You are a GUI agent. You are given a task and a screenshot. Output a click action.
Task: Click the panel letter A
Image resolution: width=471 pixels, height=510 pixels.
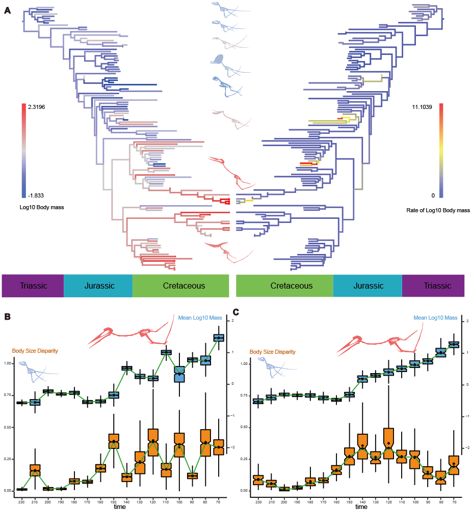point(7,11)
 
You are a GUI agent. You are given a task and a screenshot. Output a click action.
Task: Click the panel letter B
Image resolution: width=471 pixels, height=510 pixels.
point(7,316)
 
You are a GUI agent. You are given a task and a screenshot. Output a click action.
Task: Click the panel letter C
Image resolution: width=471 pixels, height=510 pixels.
point(235,311)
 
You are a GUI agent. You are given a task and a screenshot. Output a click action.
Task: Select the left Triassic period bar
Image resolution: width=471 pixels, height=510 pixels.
point(33,286)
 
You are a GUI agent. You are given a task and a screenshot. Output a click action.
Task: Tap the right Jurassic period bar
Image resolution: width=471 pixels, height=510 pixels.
point(368,286)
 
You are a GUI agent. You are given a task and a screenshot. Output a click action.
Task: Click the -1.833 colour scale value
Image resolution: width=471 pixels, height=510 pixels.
point(37,195)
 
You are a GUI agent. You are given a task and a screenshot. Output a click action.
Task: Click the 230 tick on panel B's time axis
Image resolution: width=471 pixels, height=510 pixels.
point(22,500)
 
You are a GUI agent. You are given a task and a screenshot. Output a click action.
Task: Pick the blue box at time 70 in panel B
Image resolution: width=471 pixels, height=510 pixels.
point(219,338)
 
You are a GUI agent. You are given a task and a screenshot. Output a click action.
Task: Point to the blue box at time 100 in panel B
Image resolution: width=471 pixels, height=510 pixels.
point(179,374)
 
